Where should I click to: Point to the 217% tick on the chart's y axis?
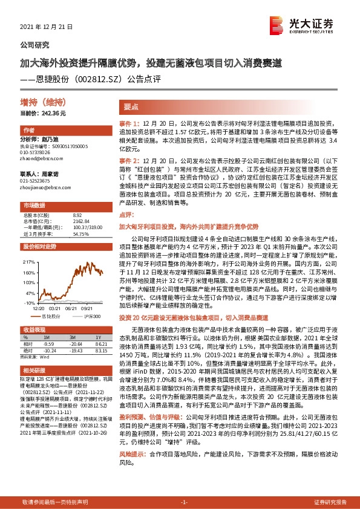click(x=31, y=262)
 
